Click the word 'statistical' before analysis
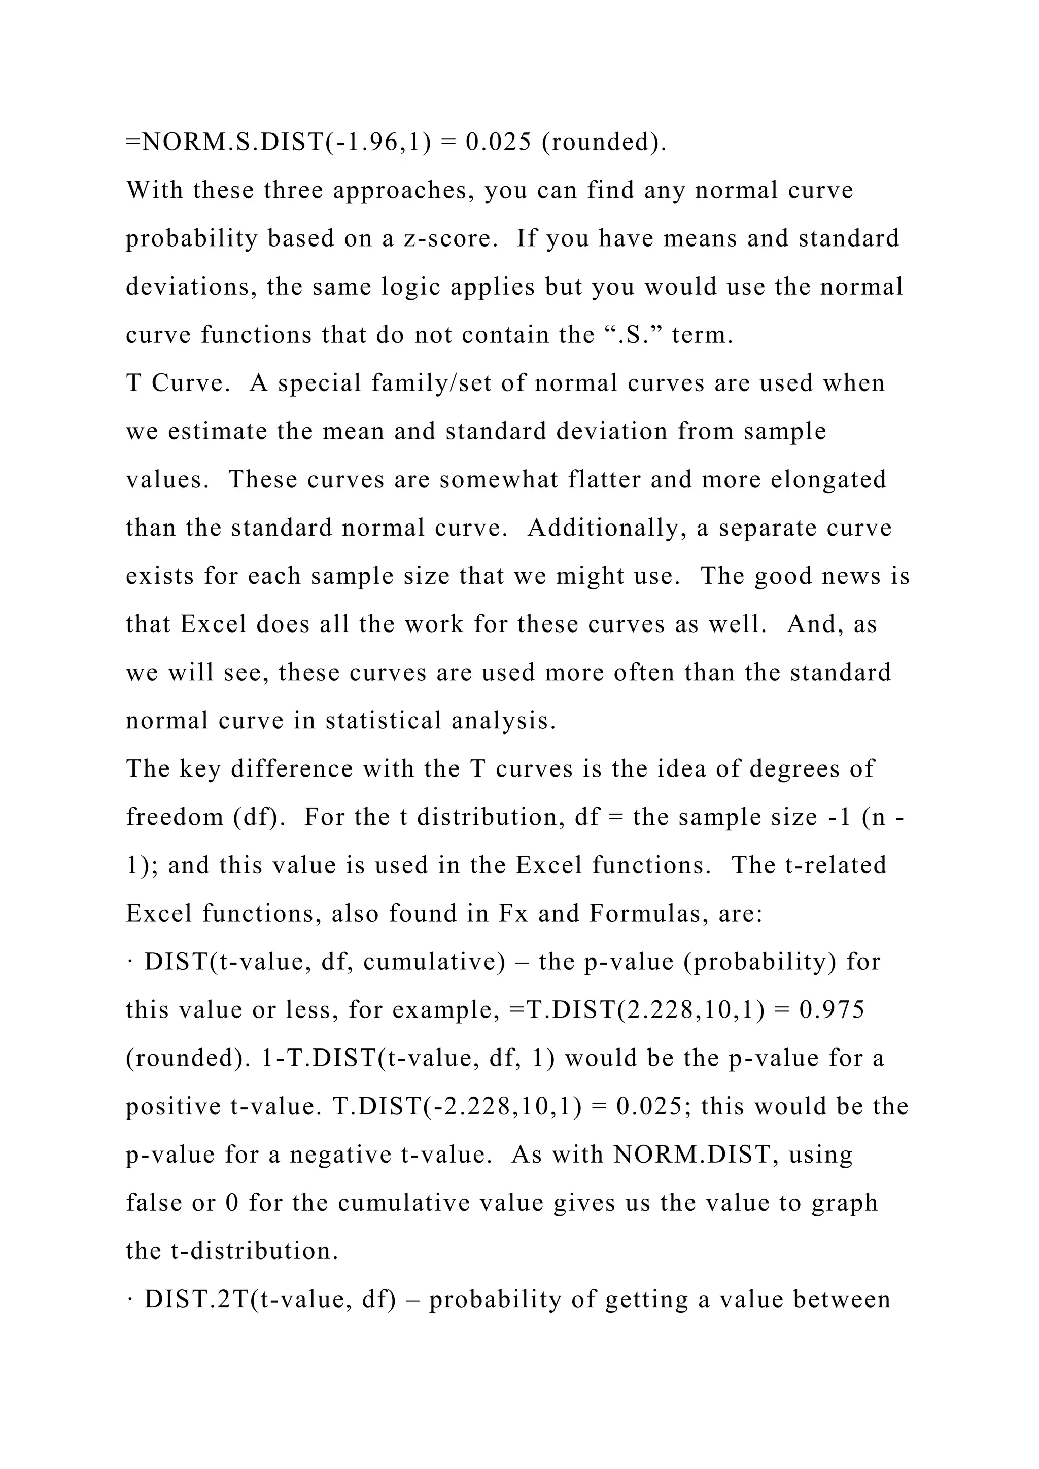click(384, 720)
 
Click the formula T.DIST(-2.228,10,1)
click(458, 1107)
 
